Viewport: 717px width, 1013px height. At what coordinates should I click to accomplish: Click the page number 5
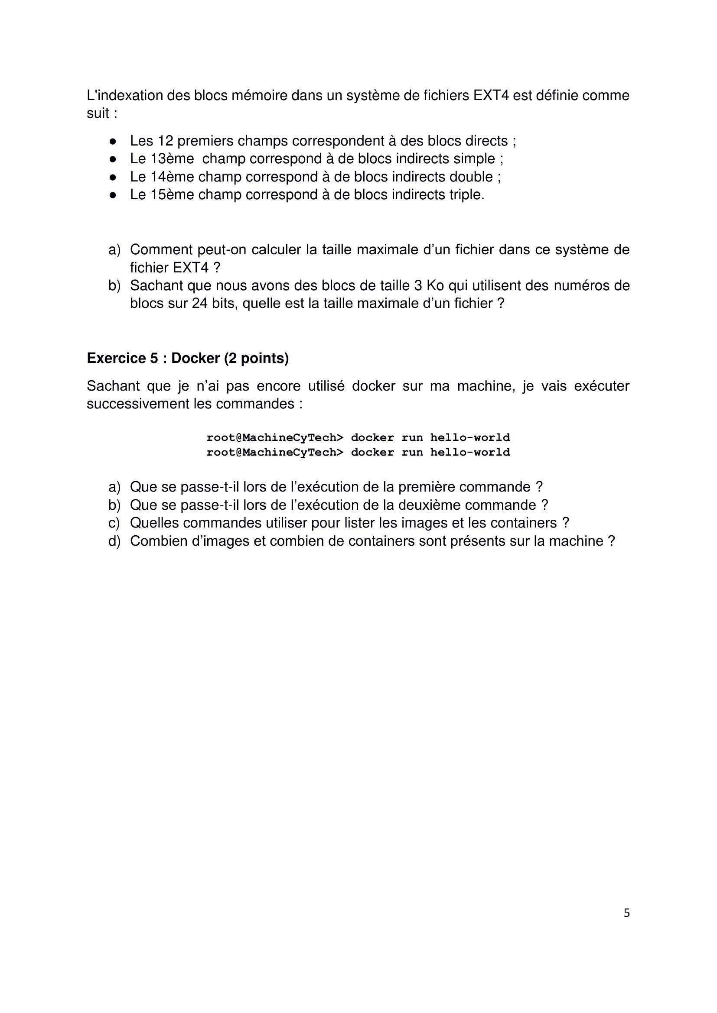pyautogui.click(x=626, y=913)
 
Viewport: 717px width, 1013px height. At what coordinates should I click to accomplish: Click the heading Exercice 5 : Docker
pyautogui.click(x=188, y=358)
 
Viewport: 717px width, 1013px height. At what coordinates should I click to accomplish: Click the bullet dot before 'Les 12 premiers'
pyautogui.click(x=113, y=141)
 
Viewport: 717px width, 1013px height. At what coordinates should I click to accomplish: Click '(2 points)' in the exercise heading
pyautogui.click(x=256, y=358)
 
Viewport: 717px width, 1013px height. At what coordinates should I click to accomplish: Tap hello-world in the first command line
pyautogui.click(x=470, y=438)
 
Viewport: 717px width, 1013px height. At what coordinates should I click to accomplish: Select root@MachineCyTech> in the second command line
pyautogui.click(x=274, y=452)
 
